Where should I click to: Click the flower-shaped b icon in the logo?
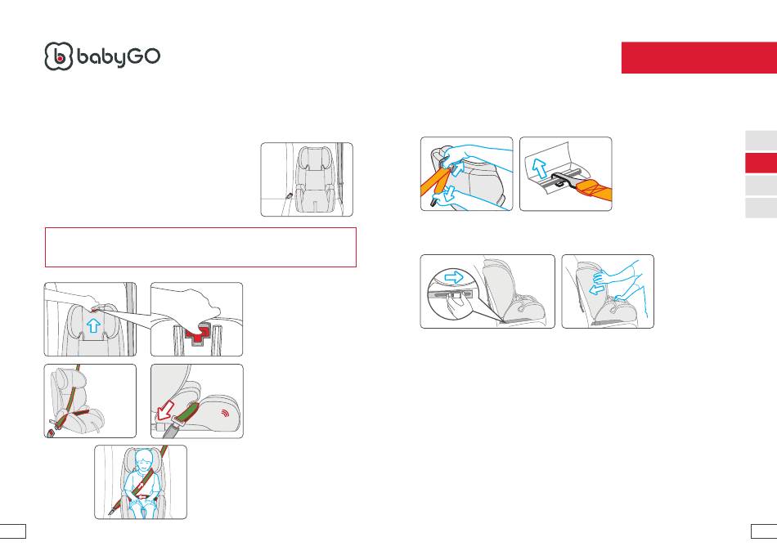tap(58, 56)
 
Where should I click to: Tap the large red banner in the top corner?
tap(699, 57)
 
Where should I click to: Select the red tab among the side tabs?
tap(761, 163)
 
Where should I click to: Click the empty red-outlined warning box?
tap(200, 247)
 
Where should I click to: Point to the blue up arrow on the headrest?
tap(93, 325)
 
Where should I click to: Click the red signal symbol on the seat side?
tap(226, 412)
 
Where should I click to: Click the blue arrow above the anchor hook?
tap(539, 168)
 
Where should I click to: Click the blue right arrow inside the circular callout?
tap(454, 277)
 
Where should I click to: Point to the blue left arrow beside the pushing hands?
tap(596, 289)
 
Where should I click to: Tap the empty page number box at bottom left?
tap(13, 531)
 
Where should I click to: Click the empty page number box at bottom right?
tap(764, 531)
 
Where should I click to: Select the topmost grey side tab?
tap(761, 141)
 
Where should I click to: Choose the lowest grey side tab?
tap(761, 208)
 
